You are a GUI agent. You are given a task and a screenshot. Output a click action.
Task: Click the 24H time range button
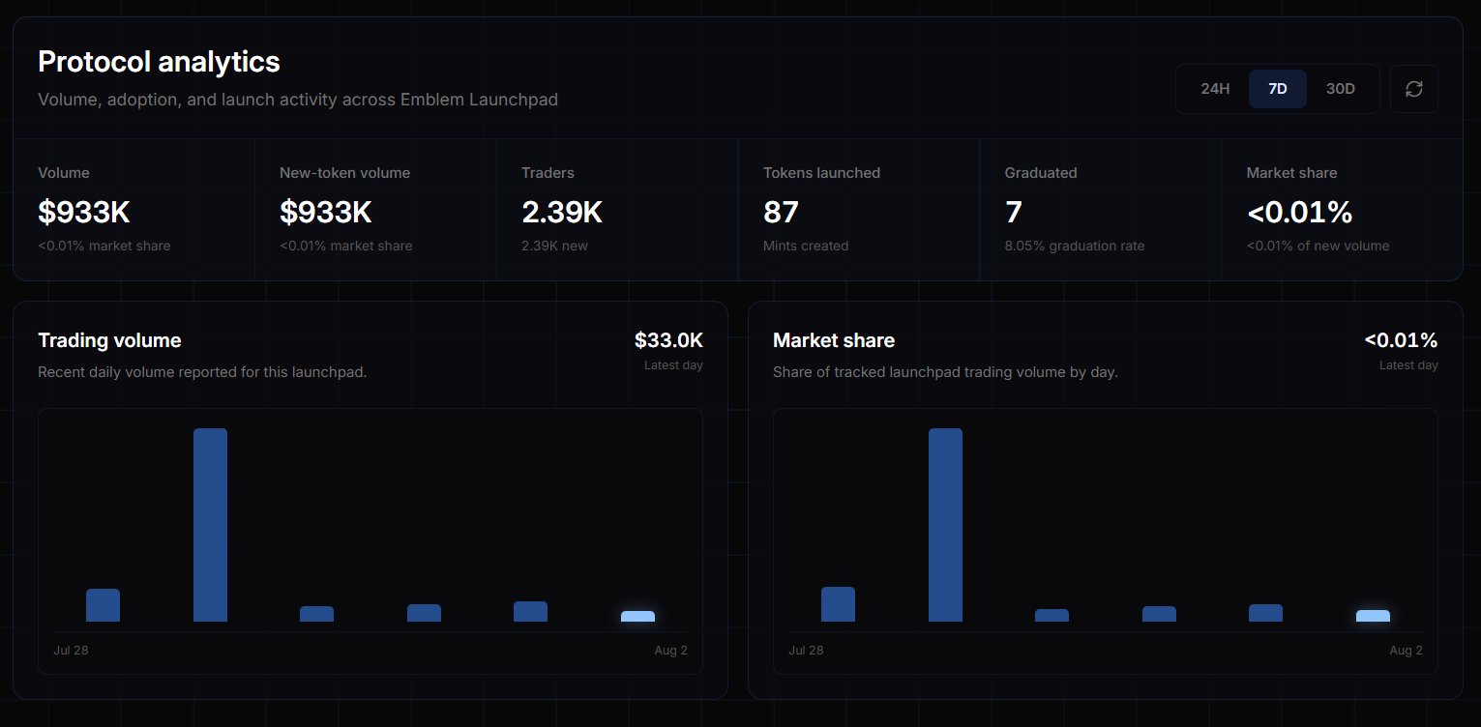coord(1215,89)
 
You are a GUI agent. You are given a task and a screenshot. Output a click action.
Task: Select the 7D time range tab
coord(1277,89)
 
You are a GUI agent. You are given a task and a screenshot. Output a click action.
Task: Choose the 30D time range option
coord(1340,89)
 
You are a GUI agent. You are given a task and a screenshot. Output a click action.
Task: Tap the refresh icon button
coord(1414,89)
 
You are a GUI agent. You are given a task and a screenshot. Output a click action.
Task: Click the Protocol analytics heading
coord(159,62)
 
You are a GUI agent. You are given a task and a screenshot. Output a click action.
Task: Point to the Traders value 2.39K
coord(561,212)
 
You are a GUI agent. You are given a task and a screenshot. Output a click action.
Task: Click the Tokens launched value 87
coord(781,212)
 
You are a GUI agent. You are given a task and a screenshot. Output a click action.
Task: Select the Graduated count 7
coord(1014,212)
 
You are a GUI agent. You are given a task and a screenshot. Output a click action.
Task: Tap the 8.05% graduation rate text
coord(1075,246)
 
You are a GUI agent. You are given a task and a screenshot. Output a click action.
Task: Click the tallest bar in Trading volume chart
coord(210,525)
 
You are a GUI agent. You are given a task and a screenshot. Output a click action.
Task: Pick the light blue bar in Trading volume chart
coord(638,617)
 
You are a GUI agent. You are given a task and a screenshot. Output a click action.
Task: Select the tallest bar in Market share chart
coord(945,525)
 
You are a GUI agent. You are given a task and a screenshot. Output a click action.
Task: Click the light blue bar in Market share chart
coord(1374,616)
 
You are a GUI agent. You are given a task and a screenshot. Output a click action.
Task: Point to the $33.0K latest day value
coord(668,339)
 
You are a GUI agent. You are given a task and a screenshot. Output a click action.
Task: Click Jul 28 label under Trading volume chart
coord(71,651)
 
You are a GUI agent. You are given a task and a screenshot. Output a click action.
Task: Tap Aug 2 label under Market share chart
coord(1406,651)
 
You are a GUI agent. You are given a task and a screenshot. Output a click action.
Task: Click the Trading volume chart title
coord(109,339)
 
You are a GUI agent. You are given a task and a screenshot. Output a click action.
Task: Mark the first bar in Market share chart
coord(838,604)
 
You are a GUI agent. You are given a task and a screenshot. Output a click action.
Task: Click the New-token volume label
coord(344,172)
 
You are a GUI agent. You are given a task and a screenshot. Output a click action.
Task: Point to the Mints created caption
coord(805,246)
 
